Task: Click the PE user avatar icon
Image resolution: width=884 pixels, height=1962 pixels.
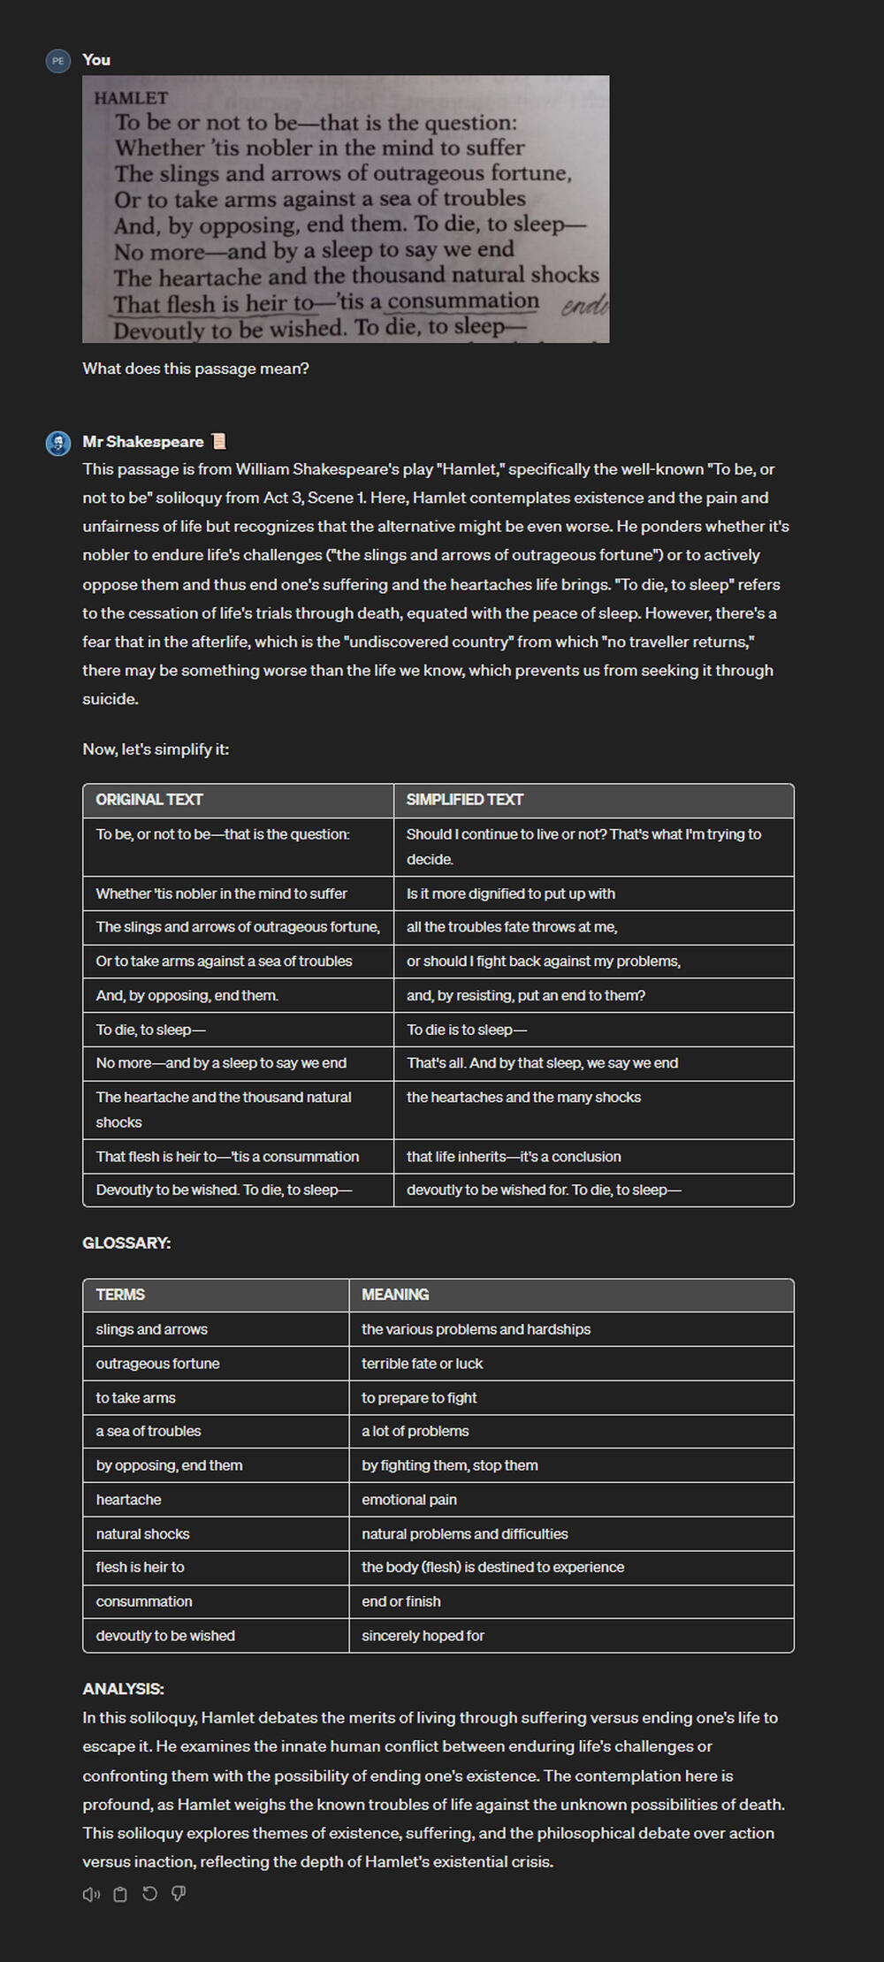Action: (58, 61)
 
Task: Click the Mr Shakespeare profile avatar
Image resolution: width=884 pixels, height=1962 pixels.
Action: (58, 443)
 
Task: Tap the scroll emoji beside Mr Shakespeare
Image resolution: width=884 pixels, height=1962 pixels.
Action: (218, 442)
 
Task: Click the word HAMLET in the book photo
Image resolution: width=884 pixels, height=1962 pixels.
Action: (131, 98)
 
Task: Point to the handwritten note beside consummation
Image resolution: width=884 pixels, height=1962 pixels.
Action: (584, 305)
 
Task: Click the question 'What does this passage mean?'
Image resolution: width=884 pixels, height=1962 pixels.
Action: (195, 369)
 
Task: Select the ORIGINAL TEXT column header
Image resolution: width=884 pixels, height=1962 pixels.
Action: (149, 800)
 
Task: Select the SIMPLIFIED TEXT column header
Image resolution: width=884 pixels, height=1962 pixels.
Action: (465, 800)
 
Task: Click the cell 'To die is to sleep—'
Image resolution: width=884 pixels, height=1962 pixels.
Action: (467, 1030)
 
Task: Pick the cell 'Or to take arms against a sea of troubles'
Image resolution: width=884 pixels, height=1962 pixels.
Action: (224, 962)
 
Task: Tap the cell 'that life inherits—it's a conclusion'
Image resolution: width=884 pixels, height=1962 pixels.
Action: (514, 1157)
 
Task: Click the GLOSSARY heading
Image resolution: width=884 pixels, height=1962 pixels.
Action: (126, 1243)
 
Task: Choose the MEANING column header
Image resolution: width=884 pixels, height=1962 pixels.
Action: (395, 1295)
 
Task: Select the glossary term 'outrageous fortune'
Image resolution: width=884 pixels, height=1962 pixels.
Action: (157, 1364)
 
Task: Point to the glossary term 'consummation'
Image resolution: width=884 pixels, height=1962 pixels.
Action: (144, 1601)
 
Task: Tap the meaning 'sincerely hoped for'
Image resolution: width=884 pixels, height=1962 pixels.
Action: (423, 1636)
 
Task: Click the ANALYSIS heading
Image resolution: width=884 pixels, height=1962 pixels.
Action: (123, 1689)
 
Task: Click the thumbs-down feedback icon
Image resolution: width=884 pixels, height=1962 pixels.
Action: (179, 1894)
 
